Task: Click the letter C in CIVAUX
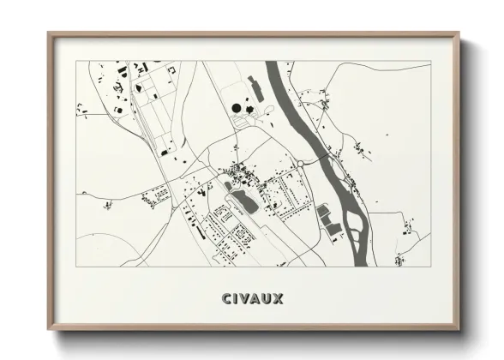pyautogui.click(x=225, y=299)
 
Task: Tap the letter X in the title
pyautogui.click(x=279, y=299)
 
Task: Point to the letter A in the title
pyautogui.click(x=255, y=299)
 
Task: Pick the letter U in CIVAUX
pyautogui.click(x=267, y=299)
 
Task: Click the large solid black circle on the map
pyautogui.click(x=236, y=109)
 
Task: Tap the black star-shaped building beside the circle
pyautogui.click(x=249, y=108)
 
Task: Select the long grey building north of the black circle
pyautogui.click(x=254, y=86)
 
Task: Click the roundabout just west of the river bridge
pyautogui.click(x=301, y=163)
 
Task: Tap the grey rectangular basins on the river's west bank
pyautogui.click(x=328, y=218)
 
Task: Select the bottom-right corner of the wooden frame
pyautogui.click(x=461, y=330)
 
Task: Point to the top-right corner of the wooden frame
pyautogui.click(x=461, y=33)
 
